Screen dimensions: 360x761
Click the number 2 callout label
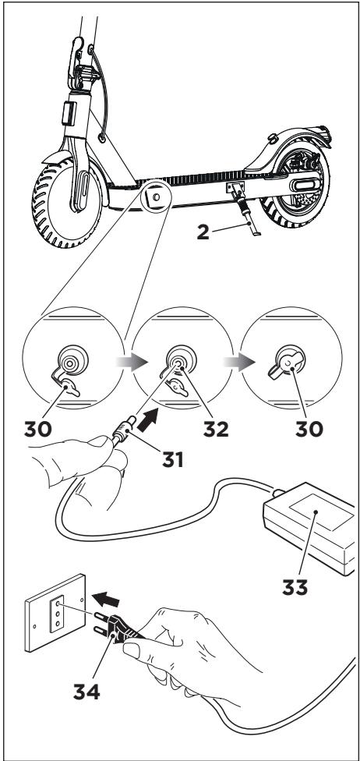[203, 232]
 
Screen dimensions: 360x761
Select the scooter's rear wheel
[295, 186]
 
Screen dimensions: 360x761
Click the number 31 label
[173, 459]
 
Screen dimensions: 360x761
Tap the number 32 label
[216, 429]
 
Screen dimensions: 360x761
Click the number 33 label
[295, 587]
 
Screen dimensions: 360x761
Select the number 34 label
[86, 691]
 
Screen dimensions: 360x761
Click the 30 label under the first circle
[38, 429]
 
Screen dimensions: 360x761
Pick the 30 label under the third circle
[309, 429]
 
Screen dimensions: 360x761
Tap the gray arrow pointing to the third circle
[239, 362]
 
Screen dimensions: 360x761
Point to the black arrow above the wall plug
[105, 599]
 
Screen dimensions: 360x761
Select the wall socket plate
[55, 613]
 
